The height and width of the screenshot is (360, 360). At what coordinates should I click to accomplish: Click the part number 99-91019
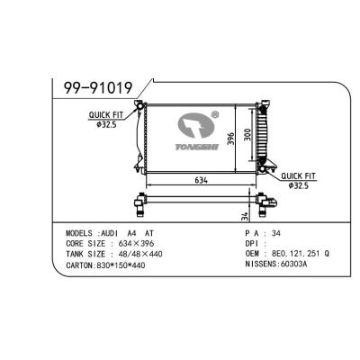[x=98, y=87]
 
